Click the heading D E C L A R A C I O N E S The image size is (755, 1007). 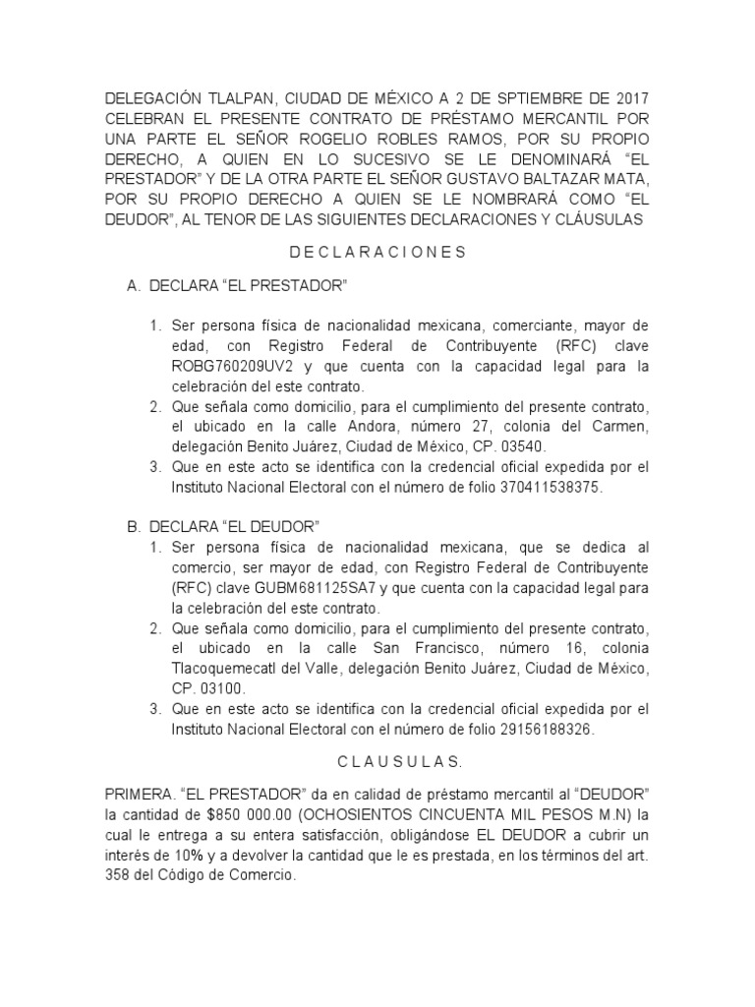tap(377, 253)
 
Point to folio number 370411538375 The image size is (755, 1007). tap(547, 488)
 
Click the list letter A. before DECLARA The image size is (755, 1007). tap(134, 286)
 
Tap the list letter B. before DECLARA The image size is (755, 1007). tap(134, 527)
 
